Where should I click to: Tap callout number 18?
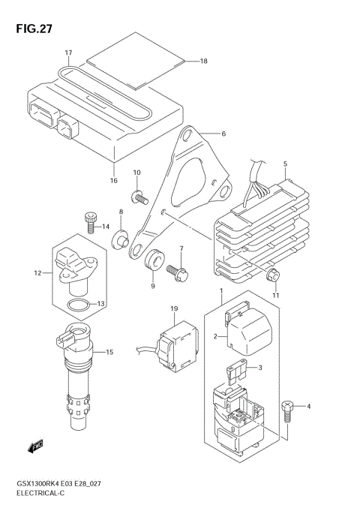[203, 62]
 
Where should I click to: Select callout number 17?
[67, 53]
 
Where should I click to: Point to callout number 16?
[114, 180]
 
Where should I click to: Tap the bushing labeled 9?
[155, 258]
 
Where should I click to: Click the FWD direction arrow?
[34, 448]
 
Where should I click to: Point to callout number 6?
[223, 134]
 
